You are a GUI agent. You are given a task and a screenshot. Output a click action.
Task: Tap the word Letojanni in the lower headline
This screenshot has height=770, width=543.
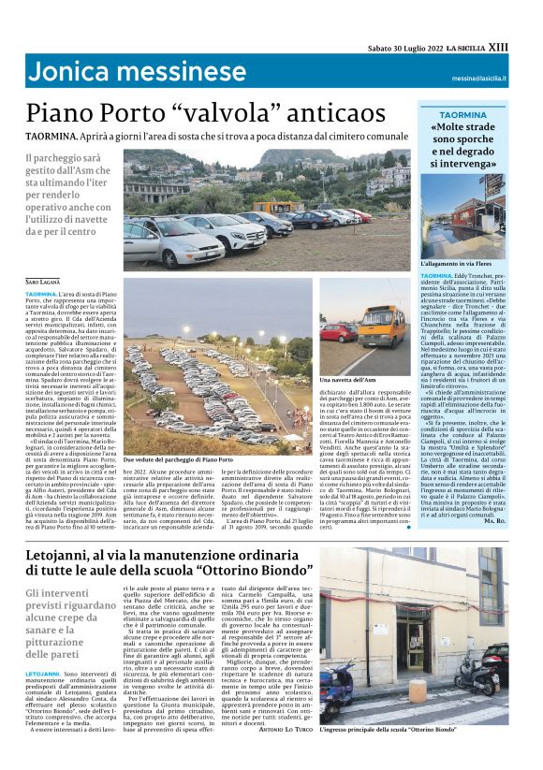71,559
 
